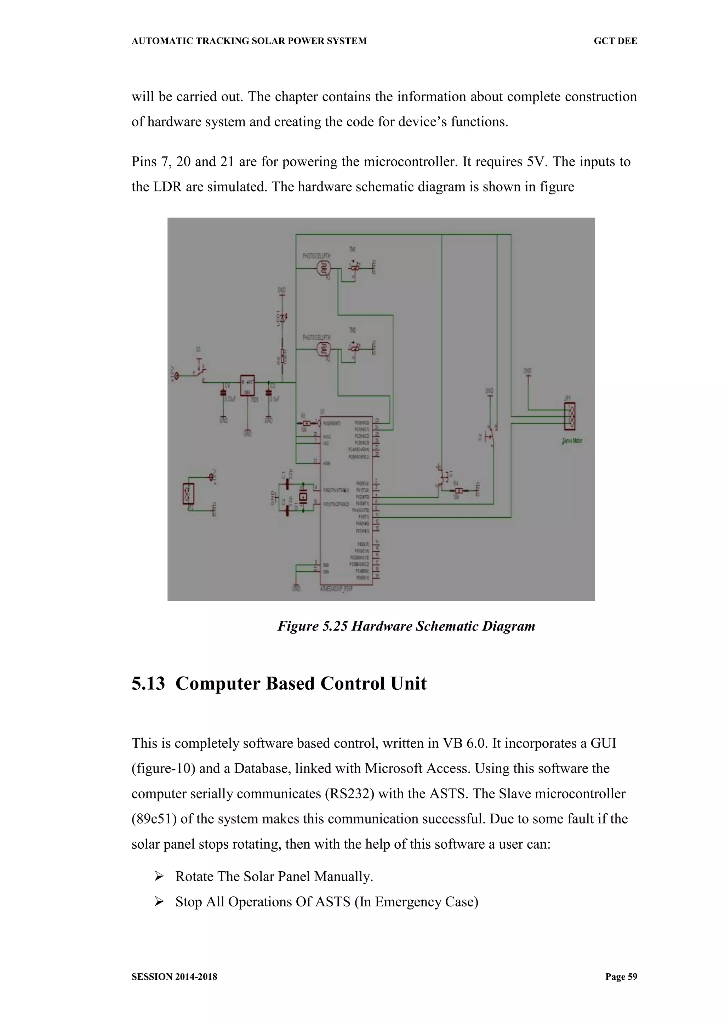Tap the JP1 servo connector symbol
coord(570,416)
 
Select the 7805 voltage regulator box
coord(247,385)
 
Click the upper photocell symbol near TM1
coord(323,268)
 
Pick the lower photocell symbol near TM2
coord(323,349)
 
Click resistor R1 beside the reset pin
coord(306,423)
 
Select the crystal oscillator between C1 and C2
coord(303,496)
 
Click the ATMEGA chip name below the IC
coord(337,589)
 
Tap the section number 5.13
coord(148,683)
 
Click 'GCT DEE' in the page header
coord(615,41)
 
